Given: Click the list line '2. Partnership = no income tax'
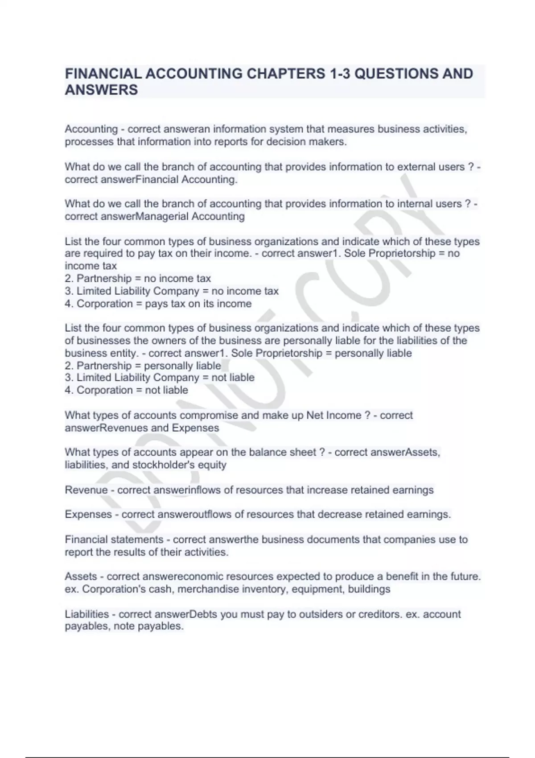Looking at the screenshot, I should point(138,279).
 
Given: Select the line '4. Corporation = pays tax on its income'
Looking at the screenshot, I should point(158,304).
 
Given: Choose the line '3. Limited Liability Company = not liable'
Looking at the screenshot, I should point(160,378).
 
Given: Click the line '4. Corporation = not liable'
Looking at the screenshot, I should point(127,390).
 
